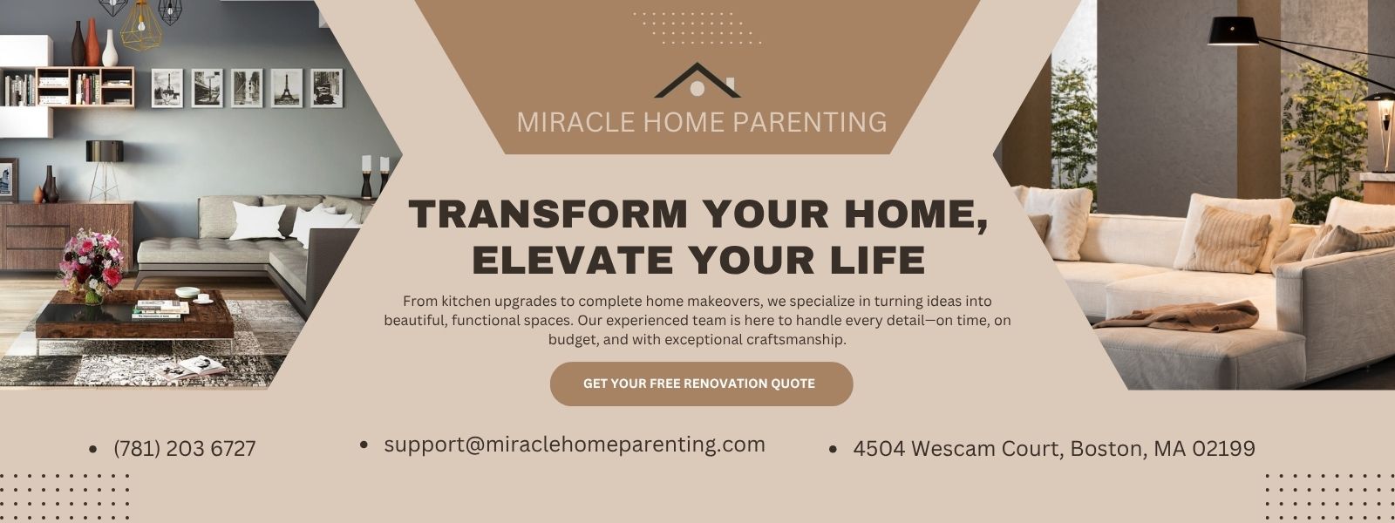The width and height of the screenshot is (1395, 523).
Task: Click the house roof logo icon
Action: [697, 81]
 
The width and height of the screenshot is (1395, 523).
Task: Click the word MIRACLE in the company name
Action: [576, 122]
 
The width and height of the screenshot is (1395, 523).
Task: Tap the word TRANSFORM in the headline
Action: [548, 214]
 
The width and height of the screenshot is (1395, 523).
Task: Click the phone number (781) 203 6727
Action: [185, 448]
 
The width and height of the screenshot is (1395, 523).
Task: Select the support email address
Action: [575, 445]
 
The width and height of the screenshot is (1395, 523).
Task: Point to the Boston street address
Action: [1054, 448]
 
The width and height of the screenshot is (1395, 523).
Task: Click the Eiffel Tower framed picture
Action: [287, 88]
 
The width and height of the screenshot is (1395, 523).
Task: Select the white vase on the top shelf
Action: [110, 49]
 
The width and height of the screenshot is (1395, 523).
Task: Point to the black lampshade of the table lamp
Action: [105, 151]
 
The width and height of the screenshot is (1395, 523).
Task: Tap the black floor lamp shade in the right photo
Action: [1233, 31]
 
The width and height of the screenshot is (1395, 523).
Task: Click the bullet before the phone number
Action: [92, 449]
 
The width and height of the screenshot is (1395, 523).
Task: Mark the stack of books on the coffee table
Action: [160, 309]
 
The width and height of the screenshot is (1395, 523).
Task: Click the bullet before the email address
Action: [364, 445]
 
